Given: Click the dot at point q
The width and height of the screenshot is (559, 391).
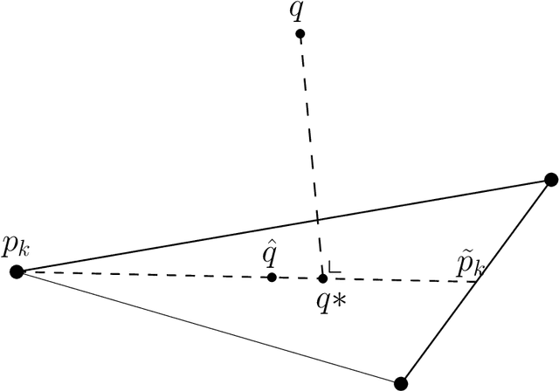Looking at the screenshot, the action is point(300,34).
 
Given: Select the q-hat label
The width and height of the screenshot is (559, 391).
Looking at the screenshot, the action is point(272,256).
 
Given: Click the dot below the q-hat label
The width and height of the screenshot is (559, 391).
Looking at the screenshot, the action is point(272,278).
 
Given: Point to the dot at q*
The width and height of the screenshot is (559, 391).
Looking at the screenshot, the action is point(322,278).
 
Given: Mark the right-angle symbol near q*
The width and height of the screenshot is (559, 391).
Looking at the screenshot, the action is point(333,268).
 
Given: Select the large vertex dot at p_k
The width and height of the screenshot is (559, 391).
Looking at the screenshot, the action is point(16,272).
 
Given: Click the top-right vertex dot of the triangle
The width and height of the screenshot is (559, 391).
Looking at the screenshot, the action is point(550,180).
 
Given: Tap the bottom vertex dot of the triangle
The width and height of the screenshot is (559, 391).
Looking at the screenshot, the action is point(401,382).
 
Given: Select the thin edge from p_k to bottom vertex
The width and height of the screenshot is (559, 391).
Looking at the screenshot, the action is point(210,328).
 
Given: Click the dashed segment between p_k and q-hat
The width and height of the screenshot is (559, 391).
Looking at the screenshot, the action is point(140,275).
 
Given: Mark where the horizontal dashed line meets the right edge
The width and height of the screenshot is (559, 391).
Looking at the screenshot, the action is point(477,281).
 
